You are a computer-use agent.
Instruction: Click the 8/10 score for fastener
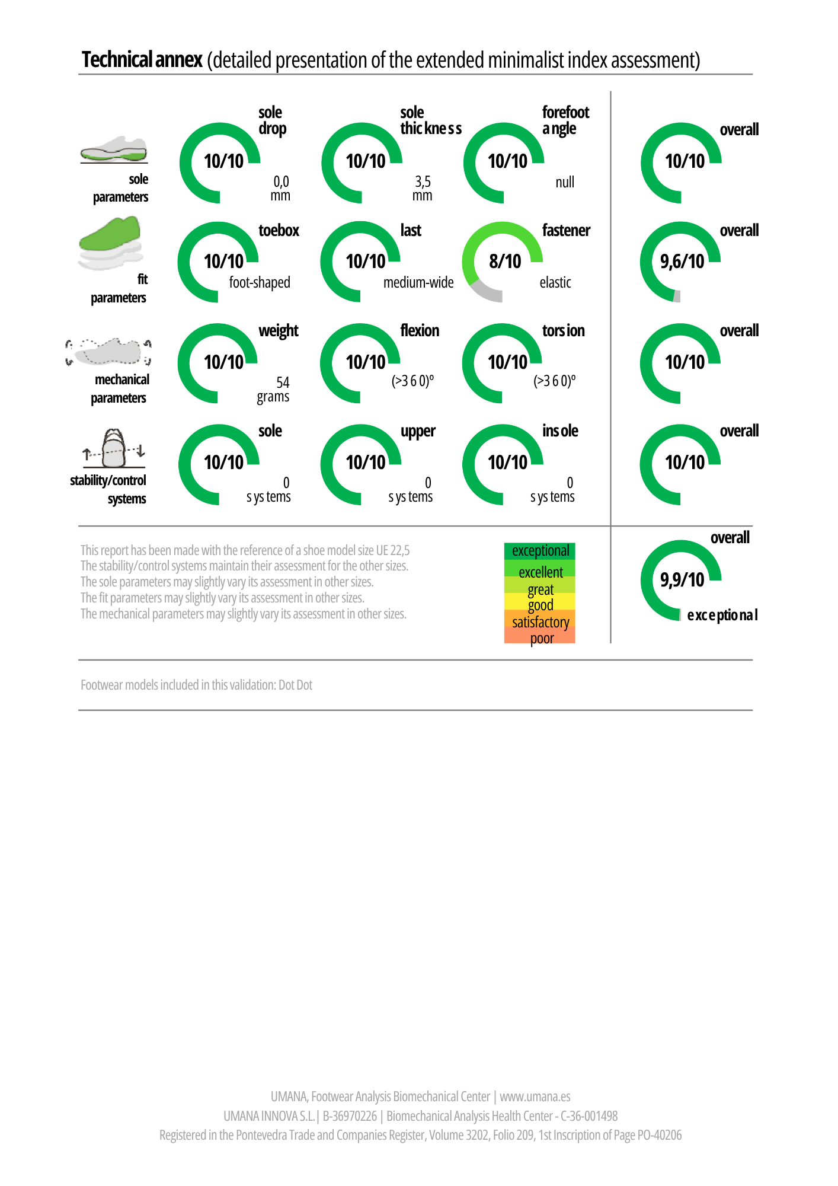(505, 261)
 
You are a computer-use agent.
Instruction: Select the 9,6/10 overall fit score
(682, 261)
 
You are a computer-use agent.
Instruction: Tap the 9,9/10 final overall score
(682, 579)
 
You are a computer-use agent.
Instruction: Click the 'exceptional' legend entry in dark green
(540, 551)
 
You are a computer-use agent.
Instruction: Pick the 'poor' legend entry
(542, 638)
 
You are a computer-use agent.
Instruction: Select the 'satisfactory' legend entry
(540, 621)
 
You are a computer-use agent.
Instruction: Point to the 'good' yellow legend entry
(540, 605)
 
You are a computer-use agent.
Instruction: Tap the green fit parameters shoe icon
(111, 243)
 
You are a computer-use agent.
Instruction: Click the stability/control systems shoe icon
(114, 449)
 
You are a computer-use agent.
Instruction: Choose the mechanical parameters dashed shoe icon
(108, 352)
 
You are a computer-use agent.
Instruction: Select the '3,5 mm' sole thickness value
(423, 189)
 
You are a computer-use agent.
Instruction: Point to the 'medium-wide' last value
(418, 283)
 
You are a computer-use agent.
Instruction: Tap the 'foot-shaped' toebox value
(260, 283)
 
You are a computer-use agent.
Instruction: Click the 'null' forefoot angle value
(565, 182)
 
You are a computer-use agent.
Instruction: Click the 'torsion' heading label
(563, 331)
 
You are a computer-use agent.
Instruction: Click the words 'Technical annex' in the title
(142, 60)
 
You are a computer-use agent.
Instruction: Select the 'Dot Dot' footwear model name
(295, 685)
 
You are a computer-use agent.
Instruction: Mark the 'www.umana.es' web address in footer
(535, 1096)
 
